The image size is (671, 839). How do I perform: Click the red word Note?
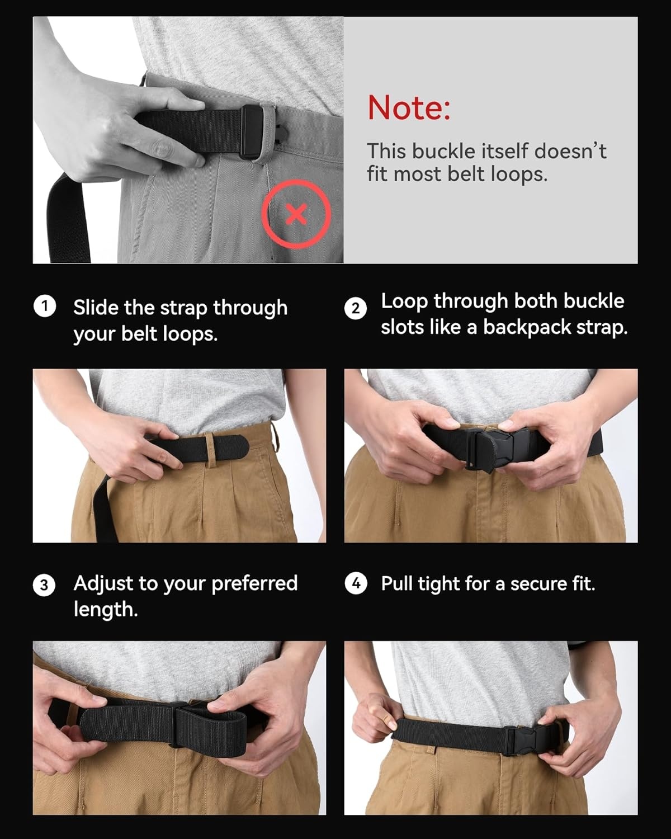click(409, 107)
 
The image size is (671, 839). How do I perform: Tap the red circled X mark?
click(296, 214)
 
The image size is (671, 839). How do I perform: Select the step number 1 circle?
click(45, 307)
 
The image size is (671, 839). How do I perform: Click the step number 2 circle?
click(356, 308)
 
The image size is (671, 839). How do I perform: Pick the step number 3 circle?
click(44, 585)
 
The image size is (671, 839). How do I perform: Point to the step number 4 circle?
click(356, 583)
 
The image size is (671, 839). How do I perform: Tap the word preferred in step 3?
click(254, 584)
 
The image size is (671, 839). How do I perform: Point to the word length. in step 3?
click(106, 610)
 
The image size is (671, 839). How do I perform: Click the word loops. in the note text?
click(518, 174)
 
